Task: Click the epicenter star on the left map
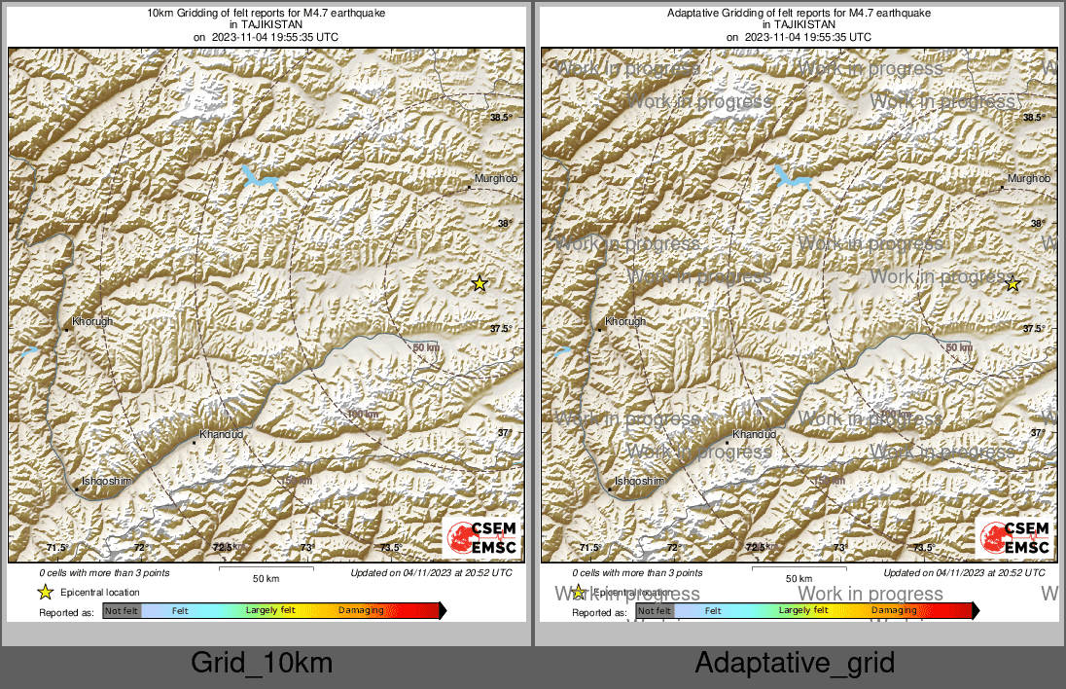pos(479,283)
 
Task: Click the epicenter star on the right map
pos(1012,283)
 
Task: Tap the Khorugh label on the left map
pos(92,321)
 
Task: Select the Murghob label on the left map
pos(495,179)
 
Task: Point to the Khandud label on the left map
pos(221,434)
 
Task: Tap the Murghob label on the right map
pos(1029,179)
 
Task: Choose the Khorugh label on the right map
pos(625,321)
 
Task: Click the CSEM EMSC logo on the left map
pos(482,538)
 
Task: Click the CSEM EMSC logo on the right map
pos(1015,538)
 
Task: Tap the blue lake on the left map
pos(260,177)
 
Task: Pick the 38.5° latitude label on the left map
pos(500,118)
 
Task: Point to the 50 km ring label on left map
pos(426,348)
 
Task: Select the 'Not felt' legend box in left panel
pos(122,611)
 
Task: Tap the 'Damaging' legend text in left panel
pos(361,611)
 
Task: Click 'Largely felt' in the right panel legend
pos(803,611)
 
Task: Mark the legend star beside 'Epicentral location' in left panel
pos(45,592)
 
